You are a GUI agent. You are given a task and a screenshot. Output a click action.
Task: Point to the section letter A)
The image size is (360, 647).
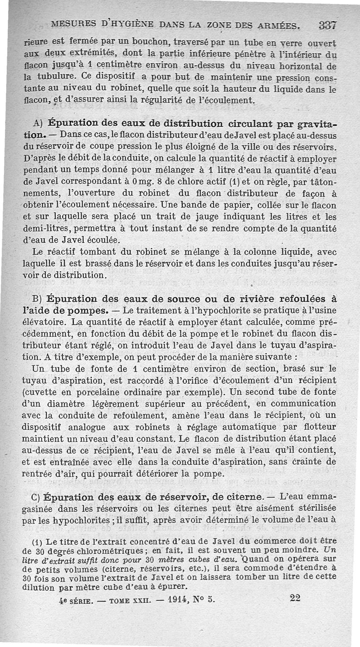click(x=38, y=124)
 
